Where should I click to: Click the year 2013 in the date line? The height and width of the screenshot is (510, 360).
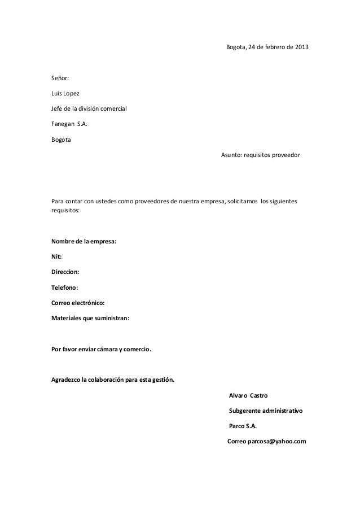click(x=301, y=46)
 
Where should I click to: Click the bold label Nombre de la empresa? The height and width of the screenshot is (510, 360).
click(x=84, y=242)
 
